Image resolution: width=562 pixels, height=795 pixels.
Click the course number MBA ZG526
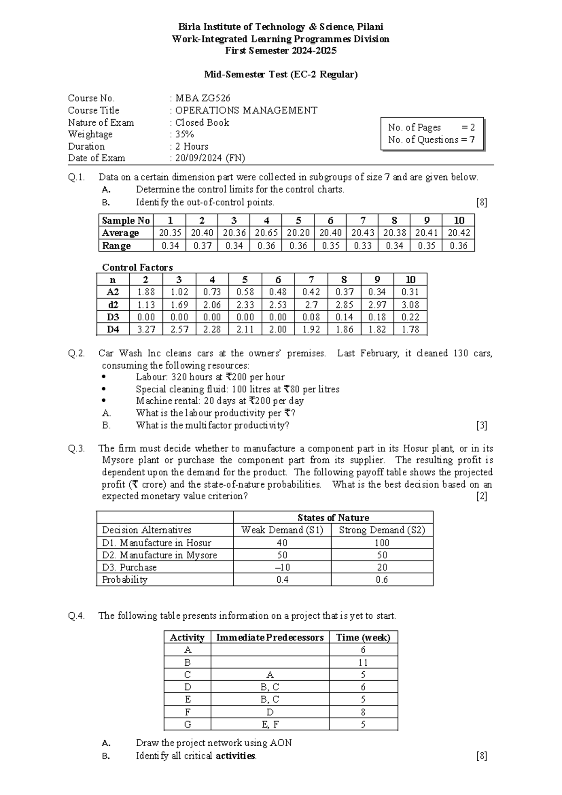(x=202, y=98)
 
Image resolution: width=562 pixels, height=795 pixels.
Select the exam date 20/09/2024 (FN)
(x=210, y=158)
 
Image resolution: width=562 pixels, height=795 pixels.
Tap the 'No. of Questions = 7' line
(x=431, y=140)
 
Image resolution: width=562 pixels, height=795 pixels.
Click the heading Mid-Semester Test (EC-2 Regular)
(x=281, y=74)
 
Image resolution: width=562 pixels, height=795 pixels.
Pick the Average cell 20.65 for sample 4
(x=266, y=233)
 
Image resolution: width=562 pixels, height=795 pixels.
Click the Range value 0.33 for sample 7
(x=362, y=246)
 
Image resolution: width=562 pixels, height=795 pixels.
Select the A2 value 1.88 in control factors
(x=146, y=292)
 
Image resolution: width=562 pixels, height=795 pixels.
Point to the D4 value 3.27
(x=146, y=330)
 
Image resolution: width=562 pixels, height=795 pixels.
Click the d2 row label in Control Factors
(x=113, y=305)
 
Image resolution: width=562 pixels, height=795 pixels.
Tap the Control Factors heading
(x=137, y=267)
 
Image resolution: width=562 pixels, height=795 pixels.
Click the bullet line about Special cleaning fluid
(x=237, y=389)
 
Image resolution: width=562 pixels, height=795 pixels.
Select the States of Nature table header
(x=333, y=517)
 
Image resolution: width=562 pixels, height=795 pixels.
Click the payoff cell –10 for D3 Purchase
(x=282, y=567)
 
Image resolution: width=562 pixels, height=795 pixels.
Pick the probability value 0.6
(x=382, y=580)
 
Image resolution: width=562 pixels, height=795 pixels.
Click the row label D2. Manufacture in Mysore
(x=159, y=555)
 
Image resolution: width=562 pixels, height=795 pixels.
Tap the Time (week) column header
(x=363, y=637)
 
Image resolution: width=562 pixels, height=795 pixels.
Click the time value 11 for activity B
(x=363, y=662)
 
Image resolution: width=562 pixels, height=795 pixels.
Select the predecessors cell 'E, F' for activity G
(x=270, y=724)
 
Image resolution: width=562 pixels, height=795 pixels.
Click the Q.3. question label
(x=76, y=449)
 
